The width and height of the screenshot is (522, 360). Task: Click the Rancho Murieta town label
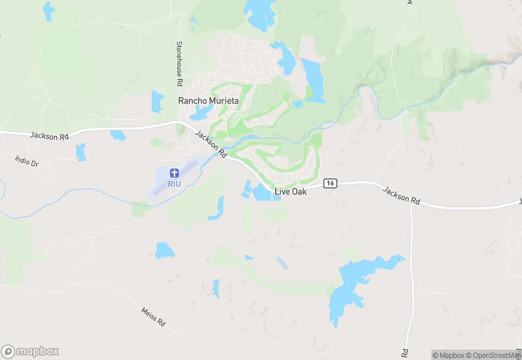tap(208, 101)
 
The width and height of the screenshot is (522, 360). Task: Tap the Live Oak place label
tap(291, 192)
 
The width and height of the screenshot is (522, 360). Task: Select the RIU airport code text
tap(174, 183)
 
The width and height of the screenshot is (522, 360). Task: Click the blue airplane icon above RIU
tap(174, 171)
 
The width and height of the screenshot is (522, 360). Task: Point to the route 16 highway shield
tap(332, 183)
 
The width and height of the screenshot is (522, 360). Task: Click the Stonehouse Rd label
tap(179, 63)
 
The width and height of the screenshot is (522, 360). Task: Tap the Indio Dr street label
tap(27, 162)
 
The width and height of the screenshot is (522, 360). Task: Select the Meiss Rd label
tap(153, 317)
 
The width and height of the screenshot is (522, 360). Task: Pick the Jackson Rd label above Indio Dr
tap(49, 136)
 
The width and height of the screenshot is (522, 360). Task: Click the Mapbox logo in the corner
tap(30, 351)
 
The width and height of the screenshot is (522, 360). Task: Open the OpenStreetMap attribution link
tap(493, 355)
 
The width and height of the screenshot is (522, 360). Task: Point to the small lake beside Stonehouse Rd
tap(157, 101)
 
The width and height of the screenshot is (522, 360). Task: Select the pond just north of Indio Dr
tap(81, 152)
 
